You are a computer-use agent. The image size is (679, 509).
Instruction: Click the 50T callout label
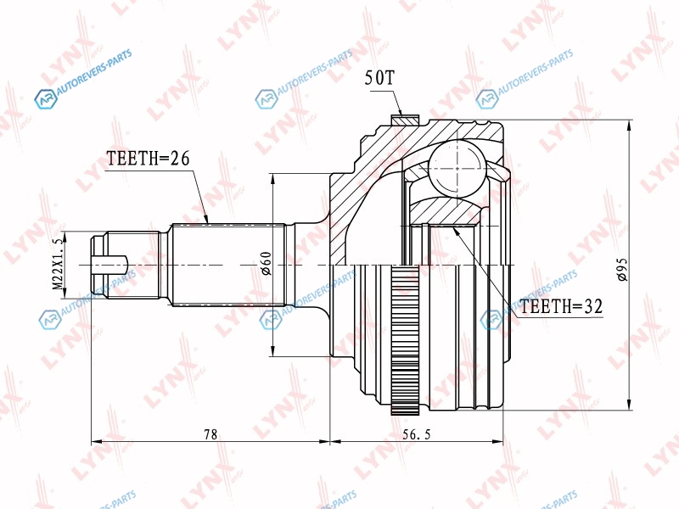(x=379, y=78)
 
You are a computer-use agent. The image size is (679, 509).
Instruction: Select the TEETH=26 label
(x=148, y=159)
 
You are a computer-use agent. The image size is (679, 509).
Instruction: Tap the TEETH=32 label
(x=561, y=306)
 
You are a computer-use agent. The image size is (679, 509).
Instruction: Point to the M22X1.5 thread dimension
(x=58, y=265)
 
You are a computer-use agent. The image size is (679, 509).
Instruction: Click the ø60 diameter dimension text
(x=266, y=264)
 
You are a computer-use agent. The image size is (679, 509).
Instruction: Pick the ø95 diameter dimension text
(x=622, y=269)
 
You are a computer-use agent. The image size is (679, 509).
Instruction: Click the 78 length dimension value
(x=210, y=433)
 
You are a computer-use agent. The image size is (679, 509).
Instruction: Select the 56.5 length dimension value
(x=417, y=433)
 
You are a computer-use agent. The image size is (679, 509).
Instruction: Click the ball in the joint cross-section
(x=457, y=169)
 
